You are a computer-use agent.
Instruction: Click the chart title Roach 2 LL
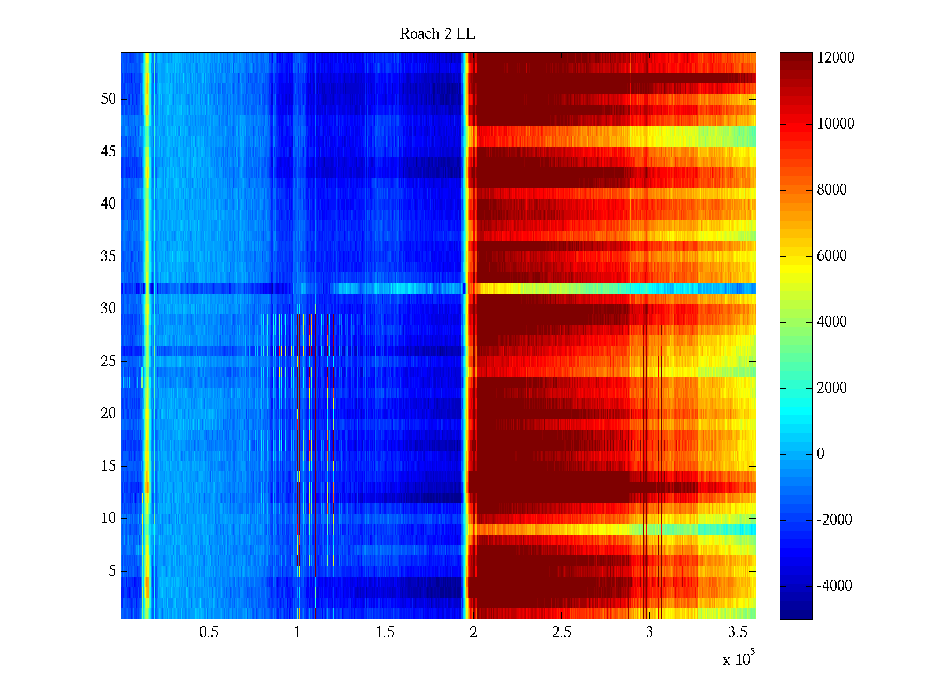[437, 34]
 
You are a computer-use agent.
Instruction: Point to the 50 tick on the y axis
[108, 99]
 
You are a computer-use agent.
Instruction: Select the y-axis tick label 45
[108, 152]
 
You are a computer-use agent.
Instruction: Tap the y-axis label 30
[108, 309]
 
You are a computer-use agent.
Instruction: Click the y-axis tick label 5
[112, 571]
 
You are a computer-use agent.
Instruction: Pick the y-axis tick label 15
[108, 466]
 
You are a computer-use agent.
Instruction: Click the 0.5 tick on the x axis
[209, 632]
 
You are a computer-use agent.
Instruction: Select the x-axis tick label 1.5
[385, 632]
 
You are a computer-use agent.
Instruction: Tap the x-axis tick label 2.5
[561, 632]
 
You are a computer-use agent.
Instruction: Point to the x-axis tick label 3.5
[738, 632]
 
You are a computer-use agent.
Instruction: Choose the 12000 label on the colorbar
[835, 58]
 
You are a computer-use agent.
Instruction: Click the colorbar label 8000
[832, 190]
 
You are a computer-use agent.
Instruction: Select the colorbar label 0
[820, 454]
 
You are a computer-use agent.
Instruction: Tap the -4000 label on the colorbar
[834, 586]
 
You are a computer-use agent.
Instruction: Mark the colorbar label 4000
[832, 322]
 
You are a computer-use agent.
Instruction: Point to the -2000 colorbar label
[834, 520]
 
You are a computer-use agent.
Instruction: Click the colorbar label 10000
[835, 124]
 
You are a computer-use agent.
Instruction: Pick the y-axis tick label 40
[108, 204]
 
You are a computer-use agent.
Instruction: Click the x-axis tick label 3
[649, 632]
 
